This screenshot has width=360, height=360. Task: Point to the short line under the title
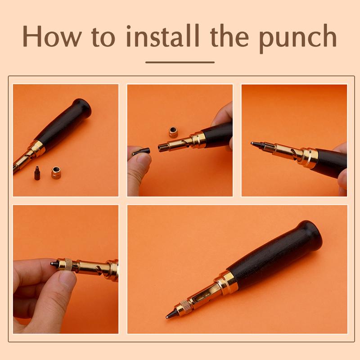coord(180,62)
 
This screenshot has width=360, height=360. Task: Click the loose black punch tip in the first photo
coord(37,174)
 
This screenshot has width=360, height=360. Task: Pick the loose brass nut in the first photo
coord(56,172)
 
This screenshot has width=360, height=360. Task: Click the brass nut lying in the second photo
coord(173,131)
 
